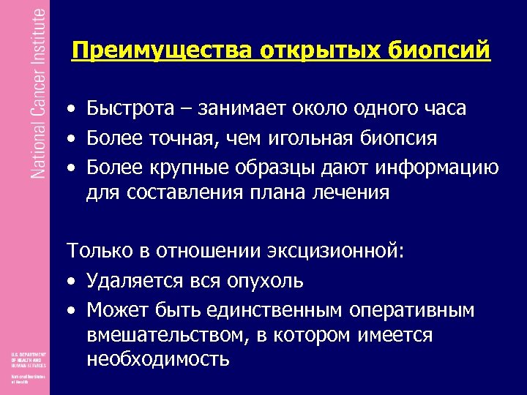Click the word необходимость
pos(158,360)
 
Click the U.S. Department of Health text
pos(28,359)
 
